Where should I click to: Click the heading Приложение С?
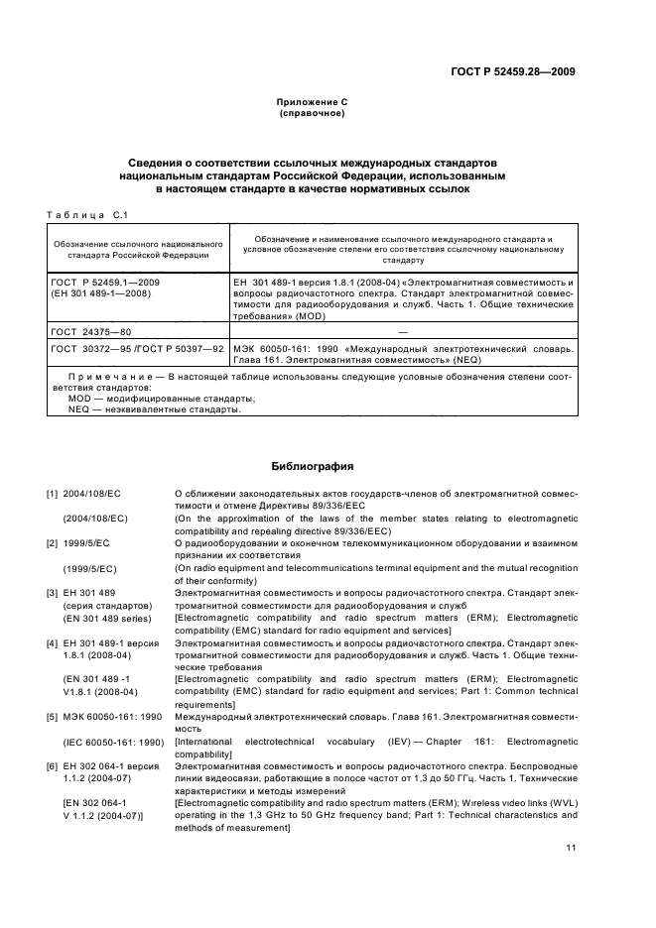312,102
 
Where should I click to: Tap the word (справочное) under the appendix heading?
312,114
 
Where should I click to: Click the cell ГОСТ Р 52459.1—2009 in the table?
105,283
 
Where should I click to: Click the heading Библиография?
312,465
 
